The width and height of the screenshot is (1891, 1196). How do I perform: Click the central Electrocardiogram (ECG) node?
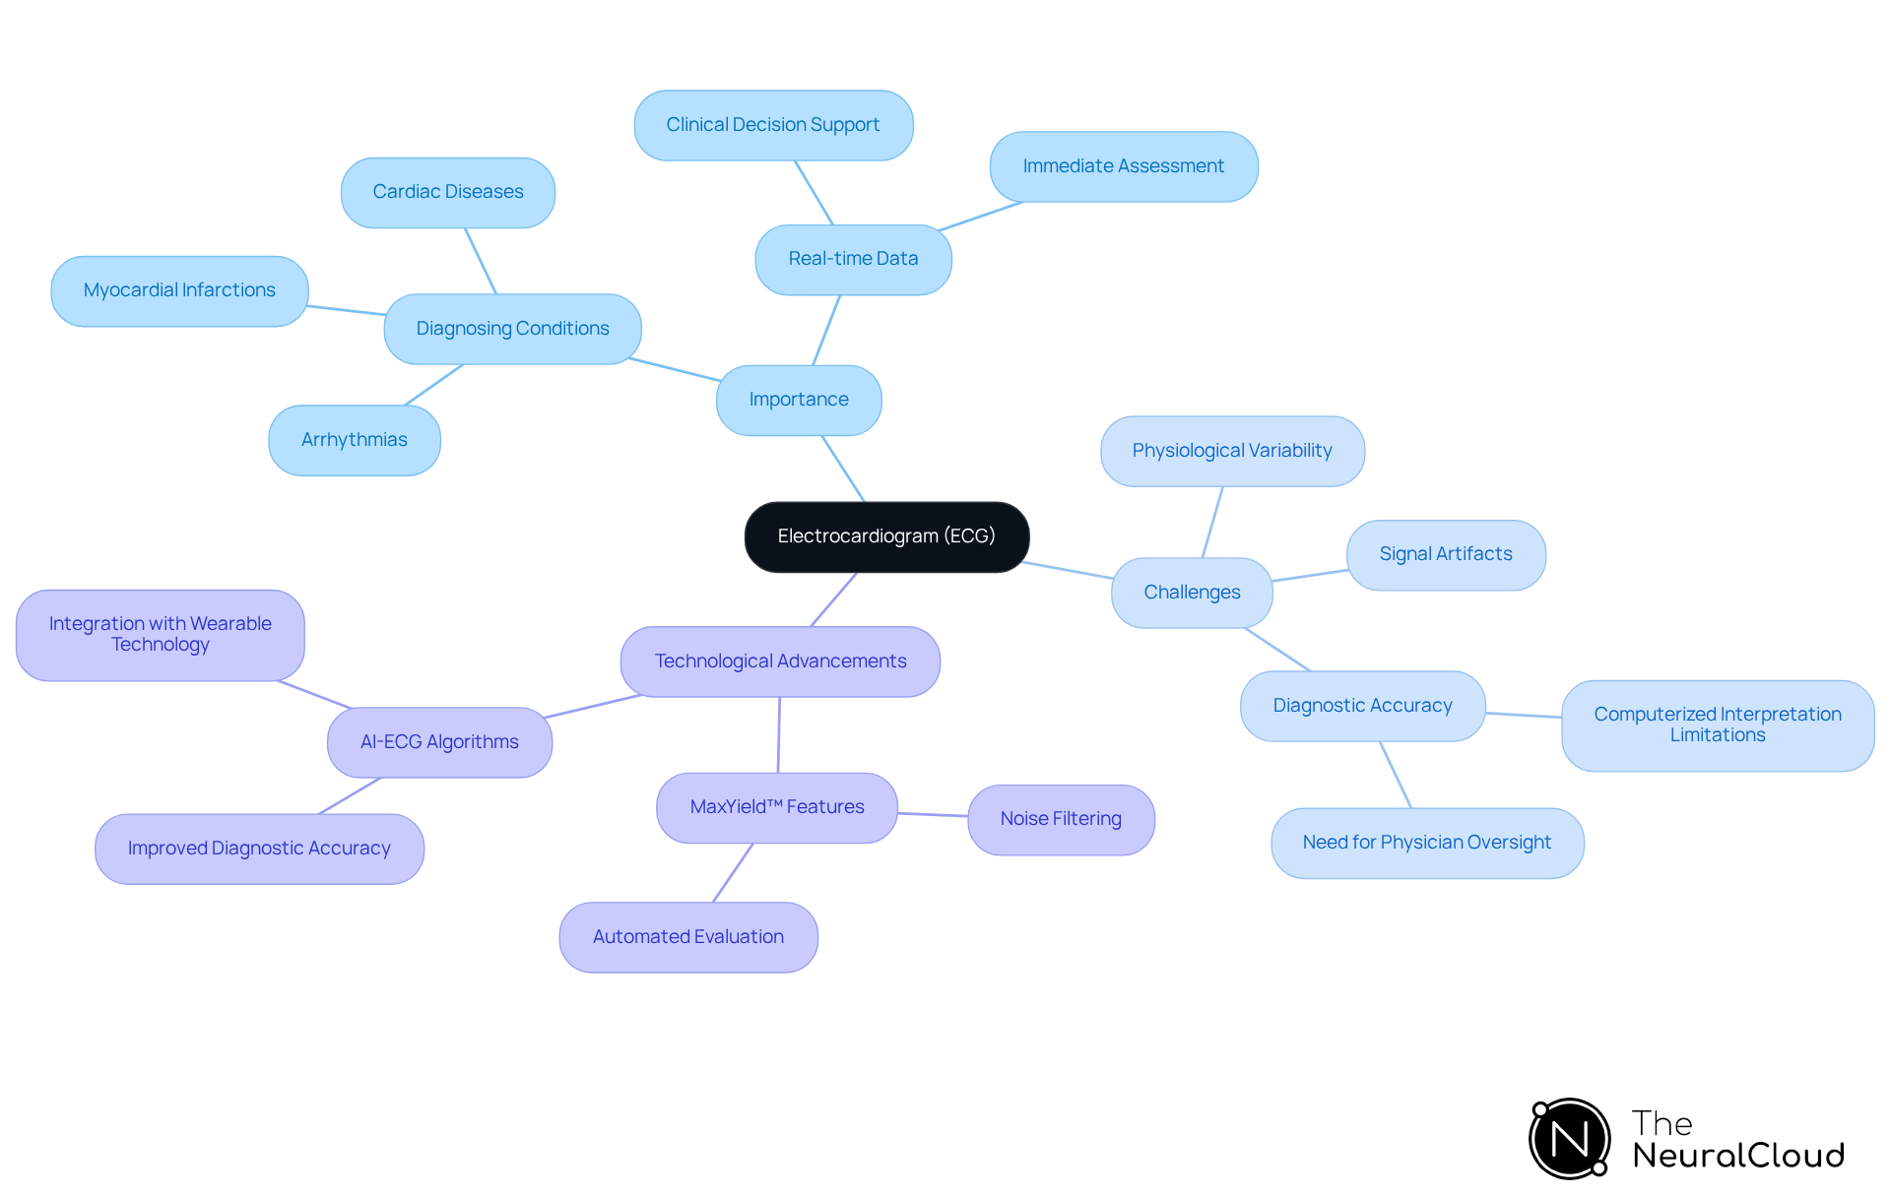(886, 536)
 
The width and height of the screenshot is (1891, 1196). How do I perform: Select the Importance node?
(799, 400)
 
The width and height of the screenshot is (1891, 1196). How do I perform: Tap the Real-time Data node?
(853, 259)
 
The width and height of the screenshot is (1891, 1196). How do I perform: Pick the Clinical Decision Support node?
(773, 125)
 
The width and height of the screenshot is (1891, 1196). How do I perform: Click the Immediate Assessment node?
(1123, 166)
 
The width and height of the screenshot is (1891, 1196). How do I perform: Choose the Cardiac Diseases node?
(448, 192)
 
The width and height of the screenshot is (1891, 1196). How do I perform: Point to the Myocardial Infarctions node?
(179, 290)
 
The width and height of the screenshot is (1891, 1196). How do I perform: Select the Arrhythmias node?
(355, 440)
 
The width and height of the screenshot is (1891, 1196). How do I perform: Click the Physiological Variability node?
(1232, 451)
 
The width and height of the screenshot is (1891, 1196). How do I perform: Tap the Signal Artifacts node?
(1446, 554)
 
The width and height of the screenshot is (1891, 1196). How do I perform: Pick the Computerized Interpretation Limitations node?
(1718, 724)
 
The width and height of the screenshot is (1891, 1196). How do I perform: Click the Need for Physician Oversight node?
(1427, 843)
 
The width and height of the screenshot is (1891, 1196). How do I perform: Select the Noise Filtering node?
(1061, 819)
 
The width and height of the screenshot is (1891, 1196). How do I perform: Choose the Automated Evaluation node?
(688, 937)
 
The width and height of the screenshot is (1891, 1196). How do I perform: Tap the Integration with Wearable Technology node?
(161, 635)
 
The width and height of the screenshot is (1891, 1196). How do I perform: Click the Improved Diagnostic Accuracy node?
(259, 849)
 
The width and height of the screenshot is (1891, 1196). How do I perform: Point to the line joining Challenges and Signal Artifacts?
(1310, 576)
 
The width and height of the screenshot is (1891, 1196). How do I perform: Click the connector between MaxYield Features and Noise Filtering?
(933, 814)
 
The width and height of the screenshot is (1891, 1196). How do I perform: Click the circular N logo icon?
(1570, 1139)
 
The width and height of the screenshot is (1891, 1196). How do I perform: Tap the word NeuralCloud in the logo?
(1738, 1156)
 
